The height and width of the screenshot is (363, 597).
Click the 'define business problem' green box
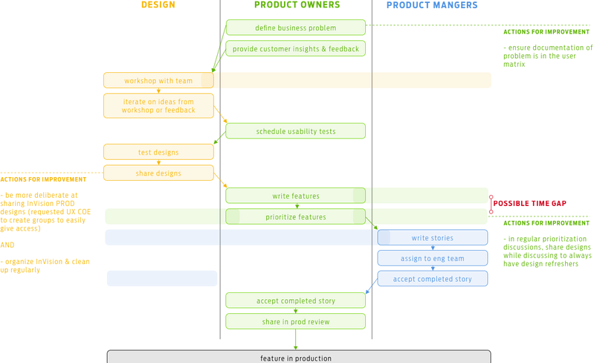point(295,28)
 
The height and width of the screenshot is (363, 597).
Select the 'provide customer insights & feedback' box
point(295,49)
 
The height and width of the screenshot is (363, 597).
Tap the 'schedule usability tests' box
point(295,131)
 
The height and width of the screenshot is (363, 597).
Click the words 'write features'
point(297,196)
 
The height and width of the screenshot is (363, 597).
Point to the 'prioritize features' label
point(296,216)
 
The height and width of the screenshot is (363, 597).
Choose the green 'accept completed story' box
point(295,300)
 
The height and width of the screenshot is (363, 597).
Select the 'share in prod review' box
point(295,321)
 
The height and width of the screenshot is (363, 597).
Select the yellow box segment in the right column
point(432,80)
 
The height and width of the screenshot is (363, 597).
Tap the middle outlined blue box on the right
point(432,257)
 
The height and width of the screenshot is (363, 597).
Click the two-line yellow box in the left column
point(158,106)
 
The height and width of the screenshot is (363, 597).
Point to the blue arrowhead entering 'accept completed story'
point(367,291)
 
